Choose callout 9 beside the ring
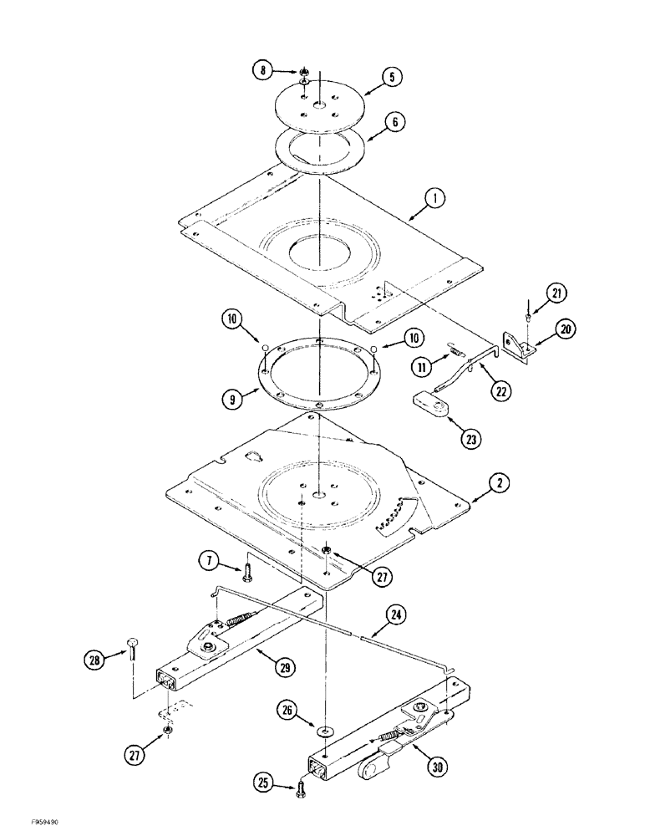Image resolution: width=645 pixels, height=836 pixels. (233, 400)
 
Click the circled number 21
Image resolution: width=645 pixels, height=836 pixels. (557, 293)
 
